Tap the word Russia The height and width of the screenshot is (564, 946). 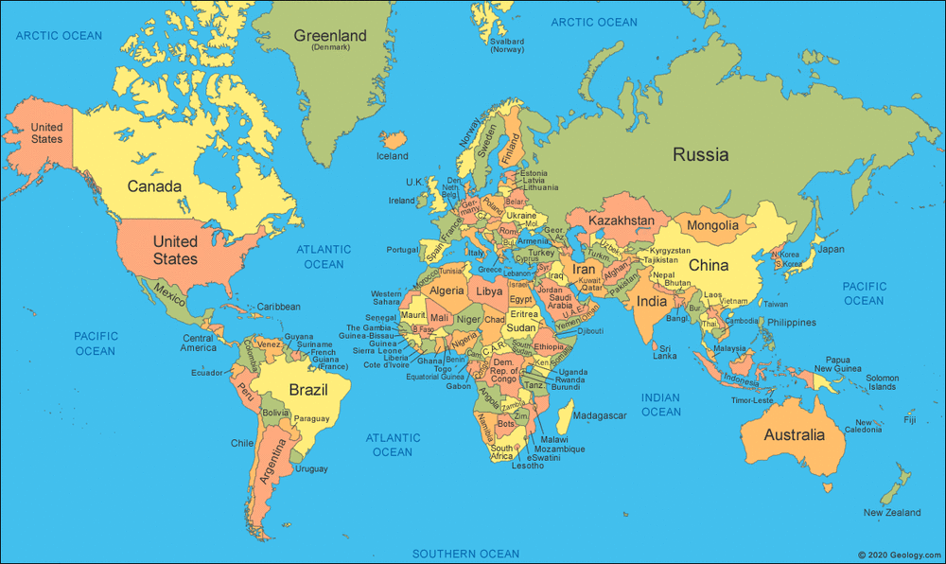pos(700,154)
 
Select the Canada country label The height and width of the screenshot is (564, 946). pos(154,186)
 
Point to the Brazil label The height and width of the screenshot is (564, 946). pos(307,390)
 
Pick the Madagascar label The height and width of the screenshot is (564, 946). pos(600,415)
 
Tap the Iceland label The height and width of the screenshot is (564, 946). pos(393,156)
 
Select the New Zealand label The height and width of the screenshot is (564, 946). pos(891,513)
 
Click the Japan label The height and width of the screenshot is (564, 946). pos(831,250)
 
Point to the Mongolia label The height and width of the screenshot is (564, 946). pos(712,225)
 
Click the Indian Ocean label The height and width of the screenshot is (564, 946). pos(660,405)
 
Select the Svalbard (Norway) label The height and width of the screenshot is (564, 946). pos(507,44)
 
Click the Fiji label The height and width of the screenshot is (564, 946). pos(910,419)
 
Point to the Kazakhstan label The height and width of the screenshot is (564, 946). pos(622,220)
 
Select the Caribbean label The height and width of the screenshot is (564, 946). pos(278,307)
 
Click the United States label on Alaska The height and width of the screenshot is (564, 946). pos(46,133)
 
